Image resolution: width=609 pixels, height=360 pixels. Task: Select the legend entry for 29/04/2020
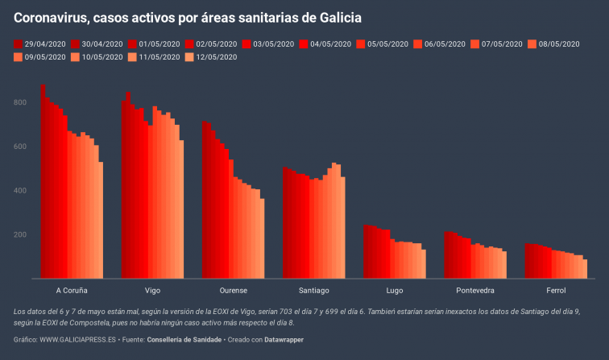[x=43, y=43]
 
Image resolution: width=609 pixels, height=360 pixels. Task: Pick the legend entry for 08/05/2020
[x=555, y=43]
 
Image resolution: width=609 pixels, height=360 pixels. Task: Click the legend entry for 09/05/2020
[x=43, y=56]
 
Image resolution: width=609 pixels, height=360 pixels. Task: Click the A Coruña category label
[x=72, y=290]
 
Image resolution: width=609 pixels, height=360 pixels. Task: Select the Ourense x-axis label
[x=233, y=290]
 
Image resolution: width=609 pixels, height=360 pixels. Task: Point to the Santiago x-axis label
[x=313, y=290]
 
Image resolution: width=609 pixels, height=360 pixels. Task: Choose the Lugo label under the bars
[x=395, y=290]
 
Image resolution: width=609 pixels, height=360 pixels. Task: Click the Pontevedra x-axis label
[x=475, y=290]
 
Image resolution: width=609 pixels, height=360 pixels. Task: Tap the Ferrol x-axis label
[x=556, y=290]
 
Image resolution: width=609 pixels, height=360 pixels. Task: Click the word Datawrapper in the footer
[x=280, y=340]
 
